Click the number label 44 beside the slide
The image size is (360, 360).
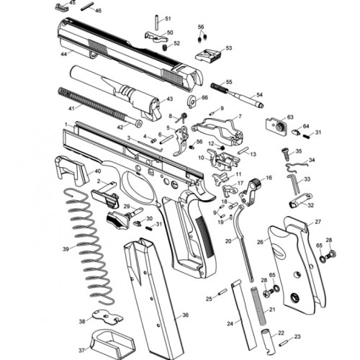pos(64,54)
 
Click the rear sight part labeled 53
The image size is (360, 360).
pos(213,54)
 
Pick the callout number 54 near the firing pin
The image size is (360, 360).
pos(260,95)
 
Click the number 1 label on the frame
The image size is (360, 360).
pos(66,124)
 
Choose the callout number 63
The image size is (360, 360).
pos(290,117)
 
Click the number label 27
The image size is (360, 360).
pos(318,222)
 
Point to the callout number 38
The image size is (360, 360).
pos(82,321)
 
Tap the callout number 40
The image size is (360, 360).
pos(98,171)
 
